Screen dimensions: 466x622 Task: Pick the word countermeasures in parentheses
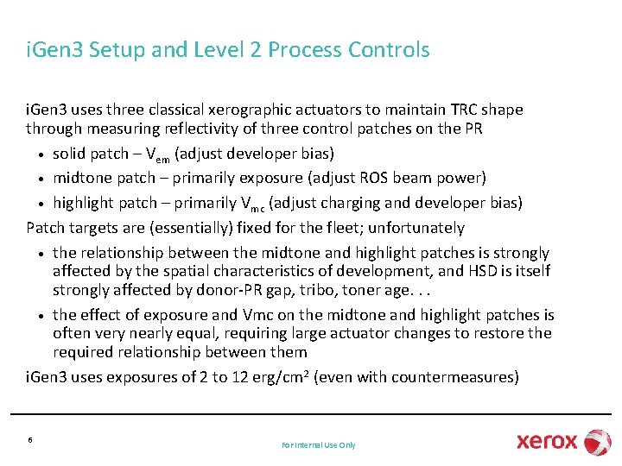tap(454, 377)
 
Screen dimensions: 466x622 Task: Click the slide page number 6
tap(30, 439)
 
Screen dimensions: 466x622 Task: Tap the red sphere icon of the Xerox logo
tap(597, 441)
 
